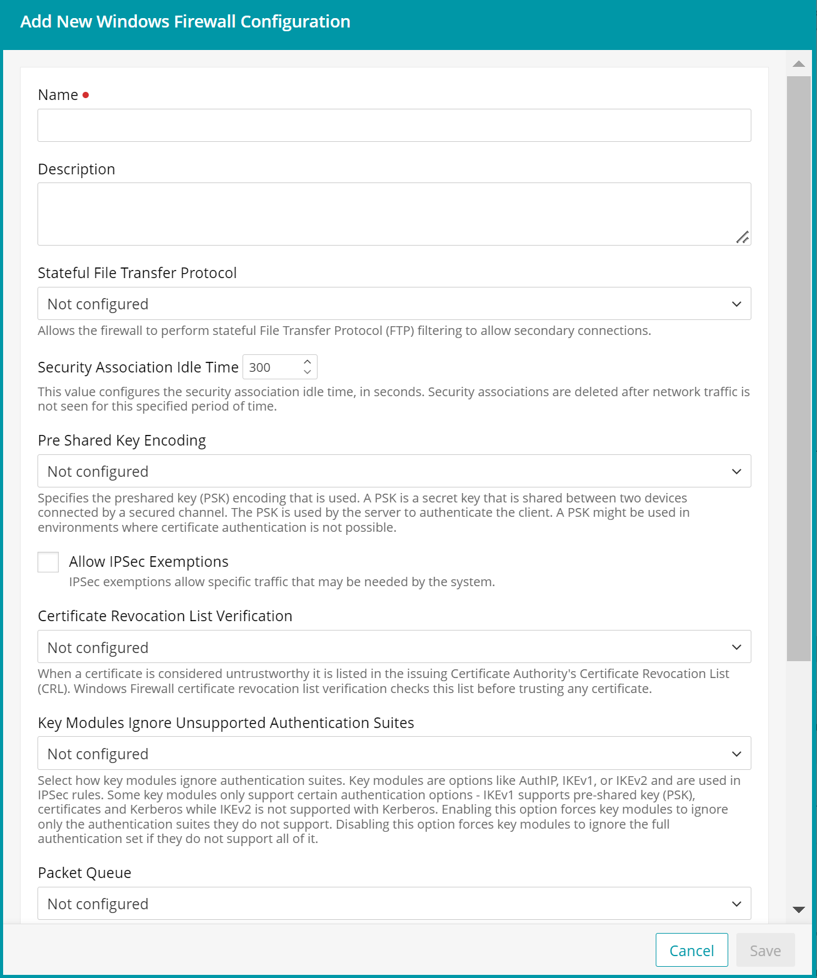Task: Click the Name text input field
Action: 394,125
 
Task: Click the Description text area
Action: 394,214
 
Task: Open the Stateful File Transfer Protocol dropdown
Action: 394,304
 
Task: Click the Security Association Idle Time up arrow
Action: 307,362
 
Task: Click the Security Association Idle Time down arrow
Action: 307,372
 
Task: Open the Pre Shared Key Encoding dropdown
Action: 394,471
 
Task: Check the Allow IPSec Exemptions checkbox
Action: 48,562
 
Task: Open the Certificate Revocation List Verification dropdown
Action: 394,647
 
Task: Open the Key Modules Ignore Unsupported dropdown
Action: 394,754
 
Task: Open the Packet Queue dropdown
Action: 394,904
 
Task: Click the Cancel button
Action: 691,950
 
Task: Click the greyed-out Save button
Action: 765,950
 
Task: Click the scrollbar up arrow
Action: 798,64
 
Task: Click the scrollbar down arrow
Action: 798,910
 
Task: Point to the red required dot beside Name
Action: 86,95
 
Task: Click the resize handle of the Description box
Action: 742,237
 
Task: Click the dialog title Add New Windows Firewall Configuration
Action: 185,22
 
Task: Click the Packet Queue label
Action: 84,873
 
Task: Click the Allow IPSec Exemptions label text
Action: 149,562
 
